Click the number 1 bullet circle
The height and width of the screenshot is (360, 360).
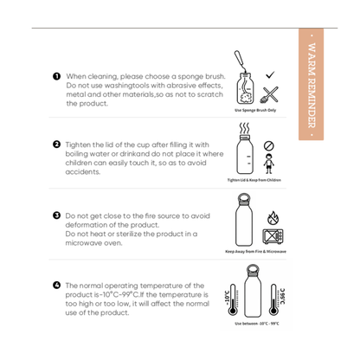pos(57,77)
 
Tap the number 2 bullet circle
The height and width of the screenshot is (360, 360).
pos(57,145)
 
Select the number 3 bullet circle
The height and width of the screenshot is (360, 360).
pos(57,215)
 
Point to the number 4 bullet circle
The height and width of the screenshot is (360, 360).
pos(57,285)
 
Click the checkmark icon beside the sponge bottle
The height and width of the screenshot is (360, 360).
pos(270,76)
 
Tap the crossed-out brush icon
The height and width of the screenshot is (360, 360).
pos(269,94)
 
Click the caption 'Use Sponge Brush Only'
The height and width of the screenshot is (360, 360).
pos(255,111)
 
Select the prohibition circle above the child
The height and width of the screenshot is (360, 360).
pos(268,146)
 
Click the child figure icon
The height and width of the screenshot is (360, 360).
pos(268,164)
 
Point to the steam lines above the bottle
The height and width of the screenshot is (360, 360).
pos(245,126)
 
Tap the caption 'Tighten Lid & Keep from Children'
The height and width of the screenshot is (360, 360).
pos(254,180)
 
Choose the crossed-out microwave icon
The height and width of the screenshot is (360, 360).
pos(273,236)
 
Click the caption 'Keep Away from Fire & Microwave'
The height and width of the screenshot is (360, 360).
pos(255,251)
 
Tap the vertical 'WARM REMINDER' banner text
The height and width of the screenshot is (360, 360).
pos(312,86)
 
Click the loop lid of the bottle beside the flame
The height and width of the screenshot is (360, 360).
pos(245,198)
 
